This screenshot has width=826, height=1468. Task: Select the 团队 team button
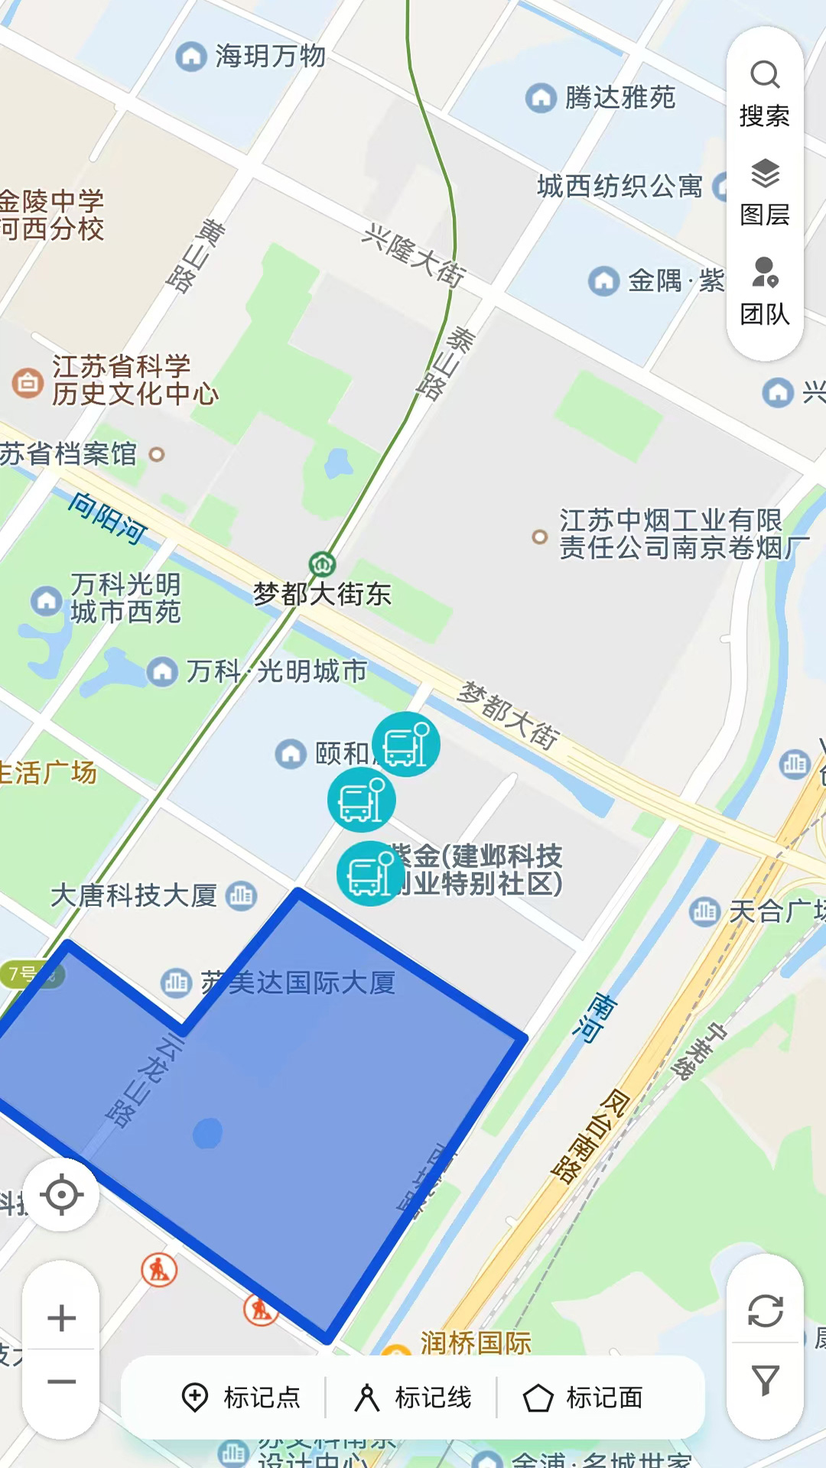(x=764, y=291)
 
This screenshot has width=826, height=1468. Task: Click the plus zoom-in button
(x=61, y=1317)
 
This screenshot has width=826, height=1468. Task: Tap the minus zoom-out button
(x=61, y=1382)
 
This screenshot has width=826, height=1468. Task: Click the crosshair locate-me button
(x=61, y=1194)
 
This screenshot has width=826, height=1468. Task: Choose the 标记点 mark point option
(x=241, y=1398)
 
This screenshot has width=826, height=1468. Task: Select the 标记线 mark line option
(x=413, y=1398)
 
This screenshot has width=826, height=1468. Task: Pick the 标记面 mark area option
(x=584, y=1398)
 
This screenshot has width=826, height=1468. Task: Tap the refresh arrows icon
(x=765, y=1310)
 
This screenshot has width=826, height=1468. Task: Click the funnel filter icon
(x=765, y=1379)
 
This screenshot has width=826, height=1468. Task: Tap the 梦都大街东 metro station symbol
(x=322, y=564)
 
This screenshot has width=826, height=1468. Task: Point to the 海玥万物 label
(x=269, y=56)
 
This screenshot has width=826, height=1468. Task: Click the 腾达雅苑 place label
(x=619, y=97)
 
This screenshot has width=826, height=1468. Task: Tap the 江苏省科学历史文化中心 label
(x=135, y=380)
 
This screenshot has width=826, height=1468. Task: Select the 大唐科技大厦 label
(x=134, y=895)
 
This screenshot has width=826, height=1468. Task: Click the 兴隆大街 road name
(x=414, y=256)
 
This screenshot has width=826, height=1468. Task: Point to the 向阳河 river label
(x=108, y=518)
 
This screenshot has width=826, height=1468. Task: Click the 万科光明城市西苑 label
(x=125, y=599)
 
